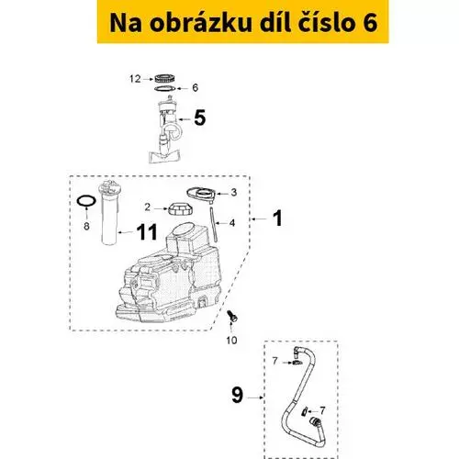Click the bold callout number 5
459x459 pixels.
point(200,118)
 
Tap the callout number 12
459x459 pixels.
point(135,79)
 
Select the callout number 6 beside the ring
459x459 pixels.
point(195,88)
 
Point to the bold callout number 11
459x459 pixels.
point(147,232)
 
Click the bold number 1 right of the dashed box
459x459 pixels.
point(278,218)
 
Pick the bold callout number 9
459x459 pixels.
point(238,395)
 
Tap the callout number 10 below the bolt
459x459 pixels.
point(231,340)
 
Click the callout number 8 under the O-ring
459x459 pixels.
point(86,226)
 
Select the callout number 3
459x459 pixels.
point(234,193)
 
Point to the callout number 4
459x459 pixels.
point(232,223)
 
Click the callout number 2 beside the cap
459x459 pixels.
point(148,207)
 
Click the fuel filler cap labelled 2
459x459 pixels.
point(180,208)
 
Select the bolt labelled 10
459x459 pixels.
point(232,316)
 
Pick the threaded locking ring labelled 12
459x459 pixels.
point(164,79)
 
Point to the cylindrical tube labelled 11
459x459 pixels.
point(109,213)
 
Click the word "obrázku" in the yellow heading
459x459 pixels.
point(200,23)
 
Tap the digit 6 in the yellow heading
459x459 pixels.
point(370,24)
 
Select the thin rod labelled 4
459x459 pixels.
point(214,225)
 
